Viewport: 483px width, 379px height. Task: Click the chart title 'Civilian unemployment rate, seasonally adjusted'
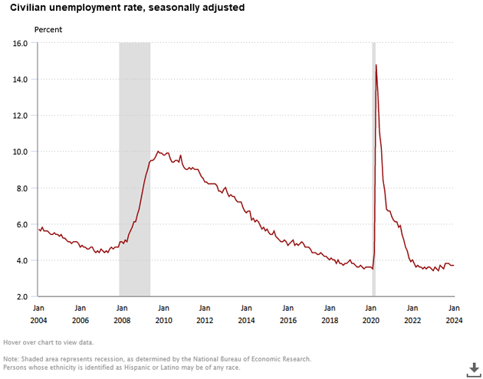[127, 8]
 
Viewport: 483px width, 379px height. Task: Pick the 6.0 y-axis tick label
[20, 224]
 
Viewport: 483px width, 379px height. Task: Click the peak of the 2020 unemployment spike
[376, 65]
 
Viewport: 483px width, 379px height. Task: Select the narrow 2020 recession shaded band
[373, 168]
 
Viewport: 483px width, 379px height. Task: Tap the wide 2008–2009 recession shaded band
[134, 168]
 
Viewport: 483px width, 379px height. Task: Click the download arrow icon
[471, 368]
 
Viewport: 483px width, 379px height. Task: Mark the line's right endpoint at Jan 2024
[454, 266]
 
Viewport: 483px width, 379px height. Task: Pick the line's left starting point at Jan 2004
[38, 228]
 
